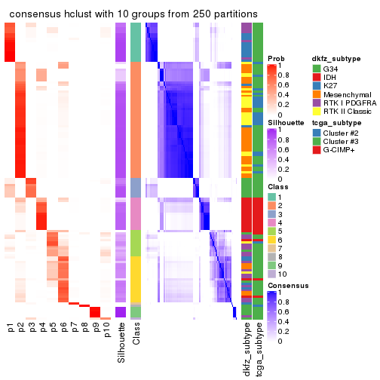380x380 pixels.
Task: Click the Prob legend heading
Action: click(x=276, y=59)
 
